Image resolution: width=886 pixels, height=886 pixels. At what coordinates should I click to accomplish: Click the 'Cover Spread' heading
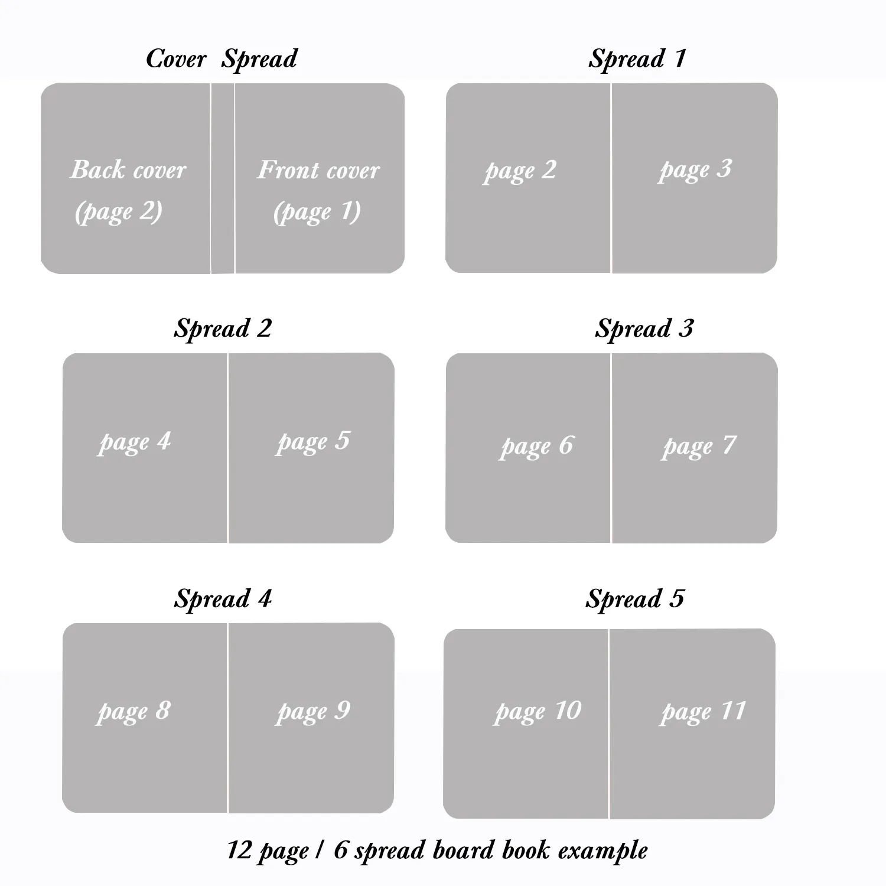pyautogui.click(x=221, y=59)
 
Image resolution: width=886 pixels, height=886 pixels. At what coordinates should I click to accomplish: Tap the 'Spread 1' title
pyautogui.click(x=637, y=59)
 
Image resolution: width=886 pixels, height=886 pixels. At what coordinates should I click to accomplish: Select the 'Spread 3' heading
pyautogui.click(x=644, y=329)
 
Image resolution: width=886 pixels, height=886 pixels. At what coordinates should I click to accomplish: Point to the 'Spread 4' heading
pyautogui.click(x=223, y=599)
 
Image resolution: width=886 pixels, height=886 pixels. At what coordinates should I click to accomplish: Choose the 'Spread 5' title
pyautogui.click(x=635, y=599)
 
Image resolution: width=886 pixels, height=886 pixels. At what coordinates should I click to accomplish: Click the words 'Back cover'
pyautogui.click(x=128, y=170)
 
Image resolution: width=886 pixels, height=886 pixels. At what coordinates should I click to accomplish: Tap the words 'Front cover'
pyautogui.click(x=318, y=170)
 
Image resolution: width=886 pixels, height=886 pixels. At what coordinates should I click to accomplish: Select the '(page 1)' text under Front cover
pyautogui.click(x=317, y=211)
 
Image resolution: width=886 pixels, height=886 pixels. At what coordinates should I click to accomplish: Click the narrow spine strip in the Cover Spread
pyautogui.click(x=223, y=178)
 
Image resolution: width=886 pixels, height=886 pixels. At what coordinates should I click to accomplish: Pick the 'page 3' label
pyautogui.click(x=695, y=170)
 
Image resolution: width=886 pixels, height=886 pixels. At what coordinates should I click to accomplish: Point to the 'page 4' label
pyautogui.click(x=135, y=442)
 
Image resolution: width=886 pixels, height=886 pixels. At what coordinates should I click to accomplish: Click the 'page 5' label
pyautogui.click(x=314, y=442)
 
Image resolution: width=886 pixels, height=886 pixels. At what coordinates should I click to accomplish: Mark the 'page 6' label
pyautogui.click(x=536, y=447)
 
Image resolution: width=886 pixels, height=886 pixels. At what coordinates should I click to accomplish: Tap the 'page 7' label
pyautogui.click(x=699, y=447)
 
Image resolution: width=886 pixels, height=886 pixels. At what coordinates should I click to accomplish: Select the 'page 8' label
pyautogui.click(x=134, y=712)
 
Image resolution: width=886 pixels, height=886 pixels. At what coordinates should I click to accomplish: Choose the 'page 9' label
pyautogui.click(x=313, y=712)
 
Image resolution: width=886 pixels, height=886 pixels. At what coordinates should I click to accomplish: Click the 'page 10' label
pyautogui.click(x=538, y=712)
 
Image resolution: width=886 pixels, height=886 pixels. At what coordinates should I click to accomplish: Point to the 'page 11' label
pyautogui.click(x=703, y=712)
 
